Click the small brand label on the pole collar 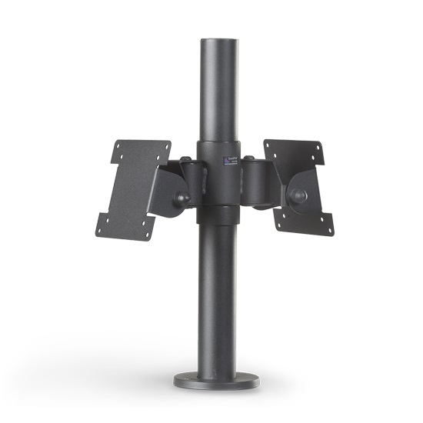(x=228, y=161)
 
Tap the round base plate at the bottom (x=211, y=381)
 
